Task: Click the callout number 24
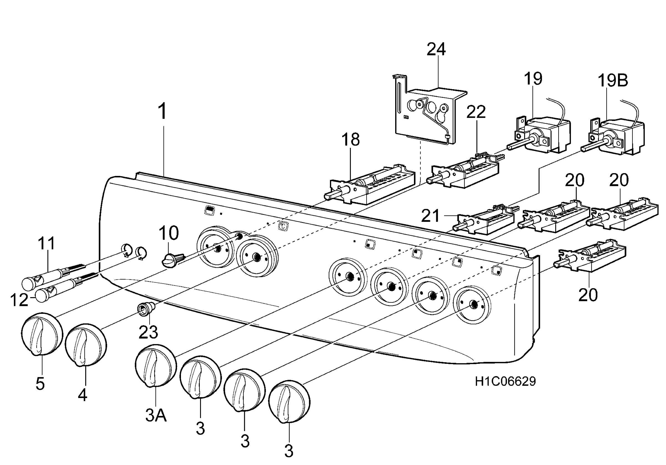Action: (x=436, y=49)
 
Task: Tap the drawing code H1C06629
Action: (x=505, y=381)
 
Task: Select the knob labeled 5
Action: (x=42, y=334)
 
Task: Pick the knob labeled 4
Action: (x=86, y=346)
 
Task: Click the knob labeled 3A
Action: (x=156, y=366)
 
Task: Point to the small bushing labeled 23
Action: (x=147, y=308)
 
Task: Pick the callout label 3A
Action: (x=156, y=416)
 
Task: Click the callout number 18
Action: (x=350, y=140)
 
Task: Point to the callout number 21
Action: (x=430, y=216)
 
